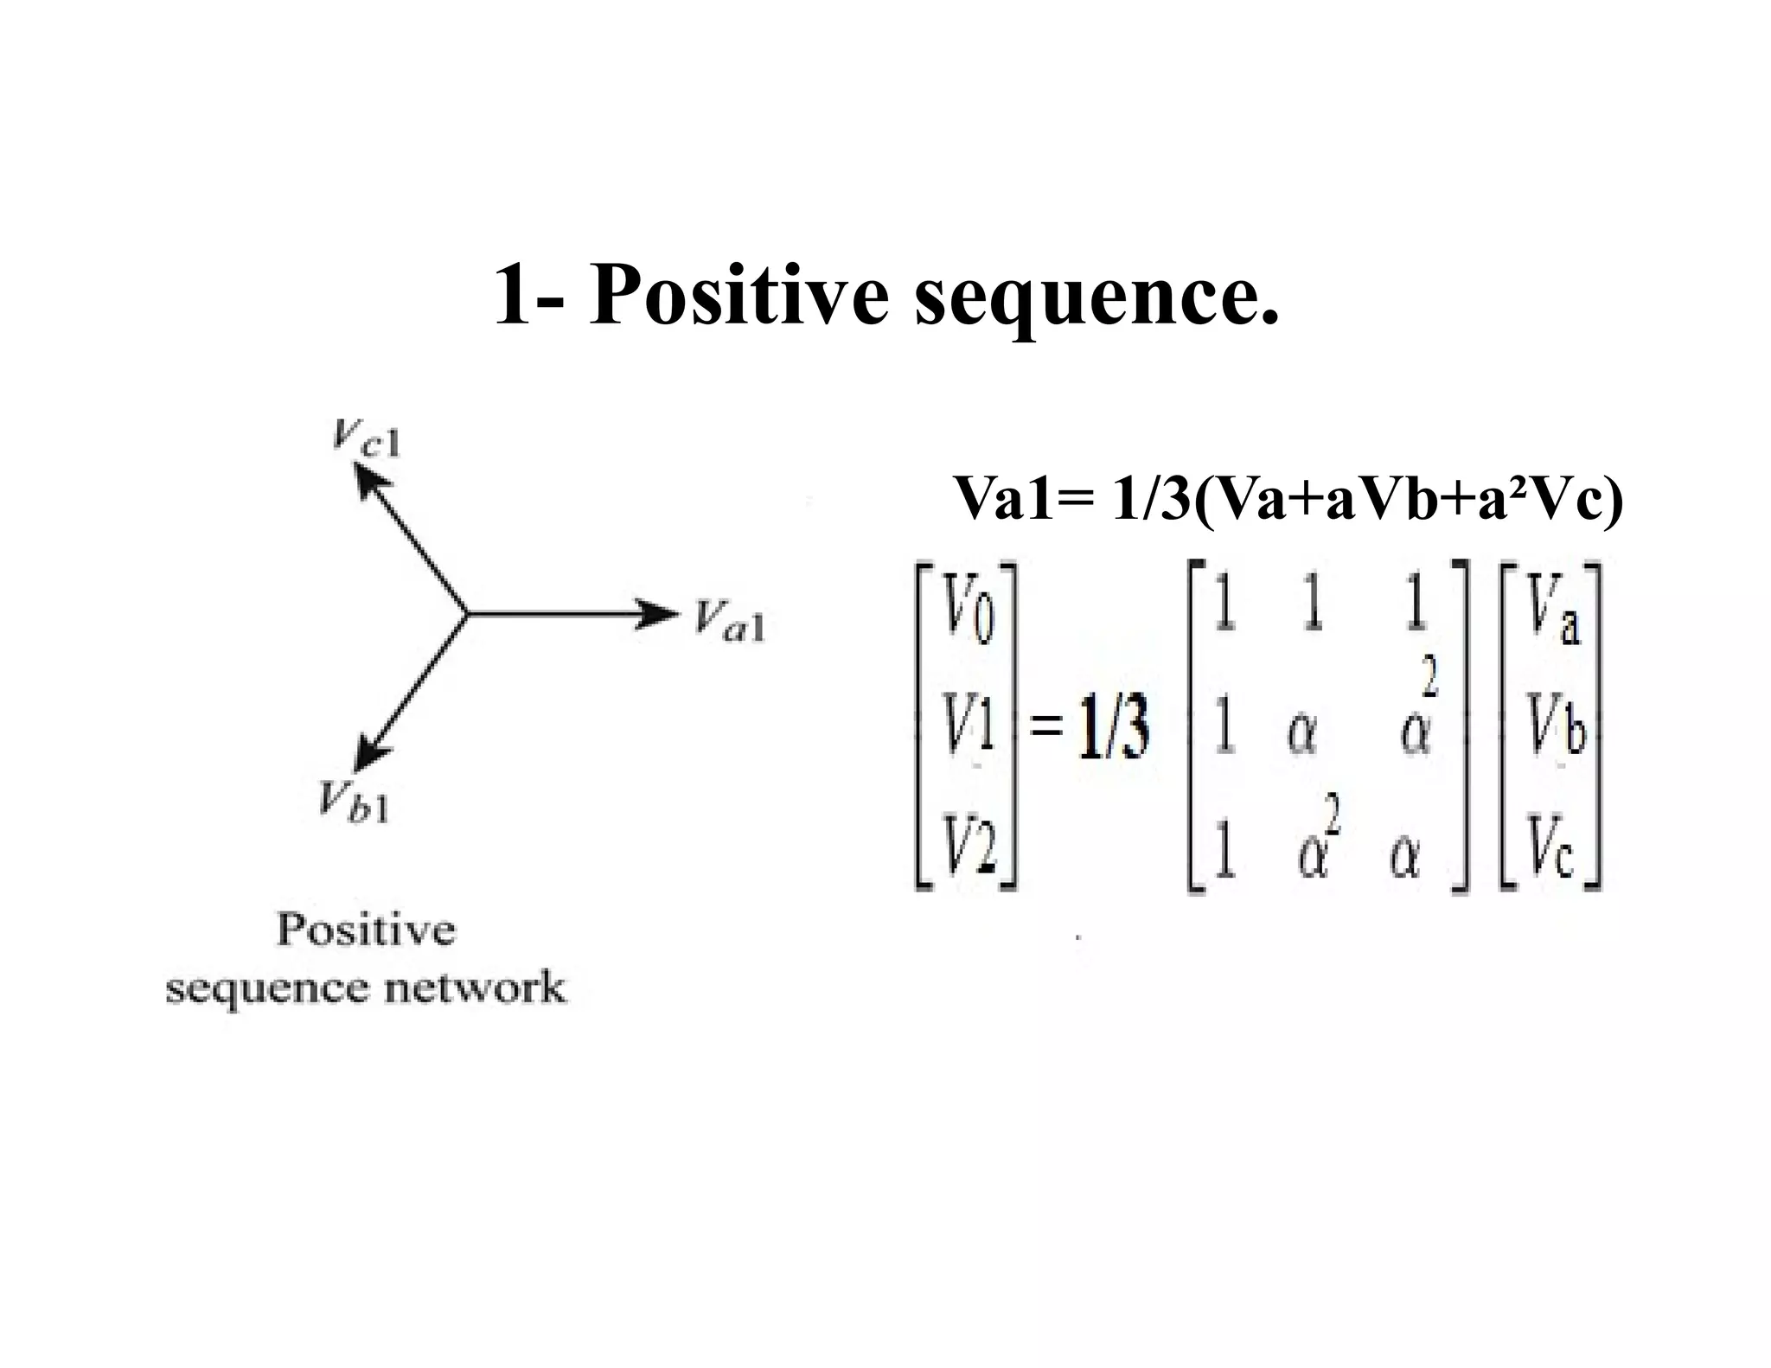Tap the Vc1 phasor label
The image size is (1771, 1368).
click(366, 438)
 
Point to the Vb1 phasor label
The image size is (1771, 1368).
click(354, 802)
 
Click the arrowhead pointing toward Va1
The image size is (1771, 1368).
click(659, 614)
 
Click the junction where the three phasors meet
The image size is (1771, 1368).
click(467, 614)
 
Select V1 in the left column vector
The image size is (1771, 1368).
click(969, 735)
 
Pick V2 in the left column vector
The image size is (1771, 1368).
click(969, 851)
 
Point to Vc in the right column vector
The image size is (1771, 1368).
click(1553, 851)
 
